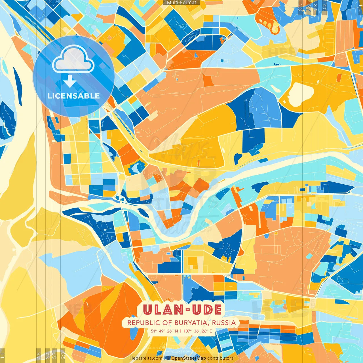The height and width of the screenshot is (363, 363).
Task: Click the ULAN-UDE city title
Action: tap(182, 310)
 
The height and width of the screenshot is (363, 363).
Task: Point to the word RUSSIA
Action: tap(224, 323)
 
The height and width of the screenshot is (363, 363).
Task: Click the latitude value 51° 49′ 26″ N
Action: tap(164, 331)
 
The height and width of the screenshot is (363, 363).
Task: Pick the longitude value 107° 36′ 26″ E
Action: tap(198, 331)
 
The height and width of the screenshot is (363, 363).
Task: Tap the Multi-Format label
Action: tap(181, 3)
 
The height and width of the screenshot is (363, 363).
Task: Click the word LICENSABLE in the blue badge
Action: tap(74, 96)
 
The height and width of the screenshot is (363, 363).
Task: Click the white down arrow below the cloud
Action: tap(69, 81)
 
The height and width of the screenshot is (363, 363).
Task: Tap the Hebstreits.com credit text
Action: tap(146, 358)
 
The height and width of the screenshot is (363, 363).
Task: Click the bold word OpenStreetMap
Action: tap(188, 358)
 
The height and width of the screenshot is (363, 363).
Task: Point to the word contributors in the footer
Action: tap(220, 358)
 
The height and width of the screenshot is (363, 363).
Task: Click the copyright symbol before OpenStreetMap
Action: tap(168, 358)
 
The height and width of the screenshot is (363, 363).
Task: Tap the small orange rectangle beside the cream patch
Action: tap(339, 77)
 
